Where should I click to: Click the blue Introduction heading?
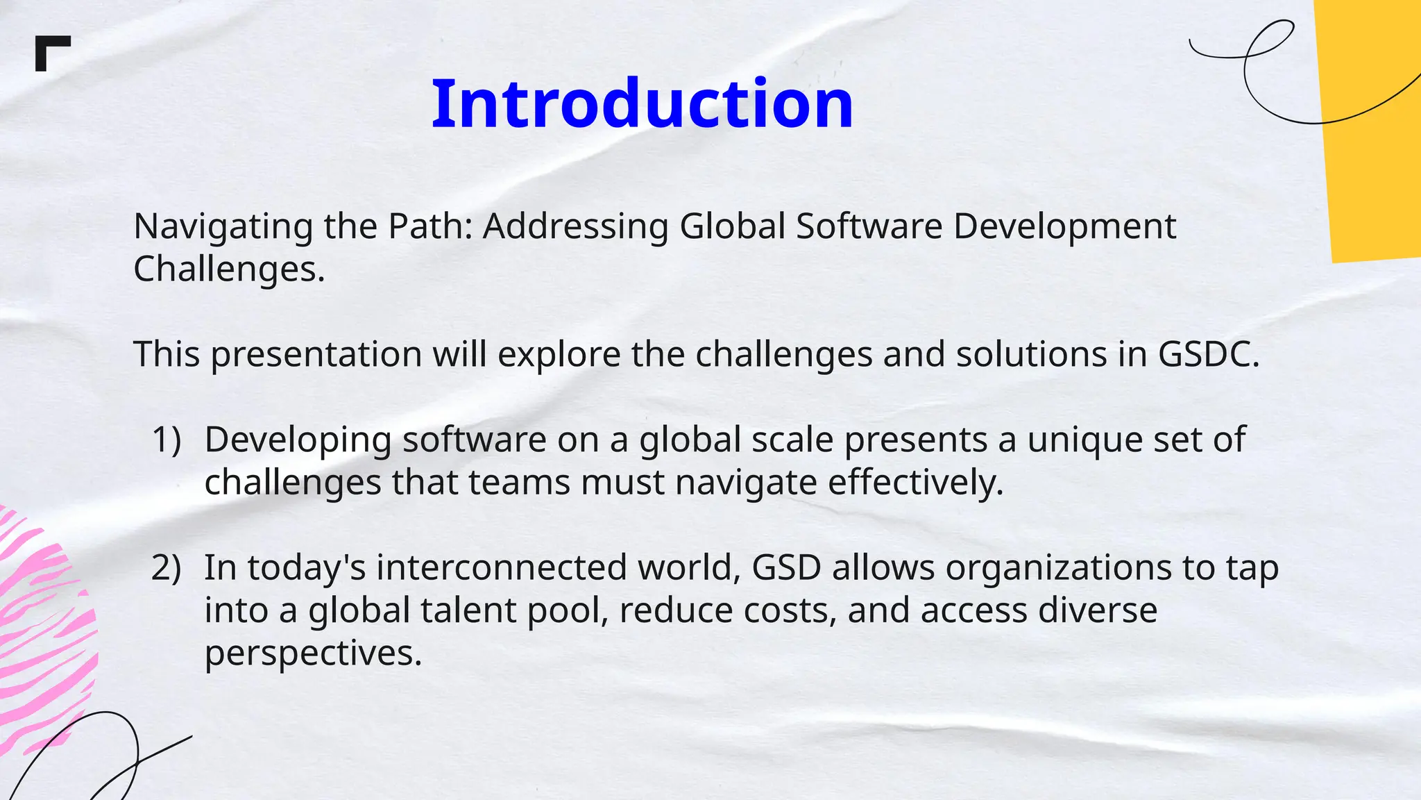642,104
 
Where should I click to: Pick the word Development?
1064,227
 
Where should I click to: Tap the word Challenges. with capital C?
229,269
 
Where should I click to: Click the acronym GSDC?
1208,353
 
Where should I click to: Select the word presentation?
316,355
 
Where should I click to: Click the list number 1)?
167,440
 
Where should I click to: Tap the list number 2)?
167,567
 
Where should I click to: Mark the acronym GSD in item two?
786,567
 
